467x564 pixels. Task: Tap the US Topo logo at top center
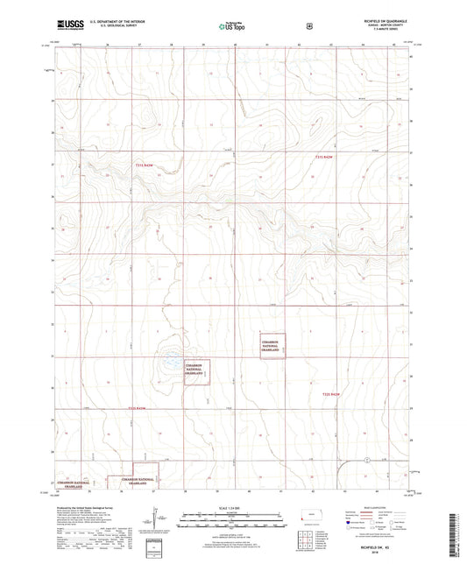230,27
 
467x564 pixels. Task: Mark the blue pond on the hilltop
173,360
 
